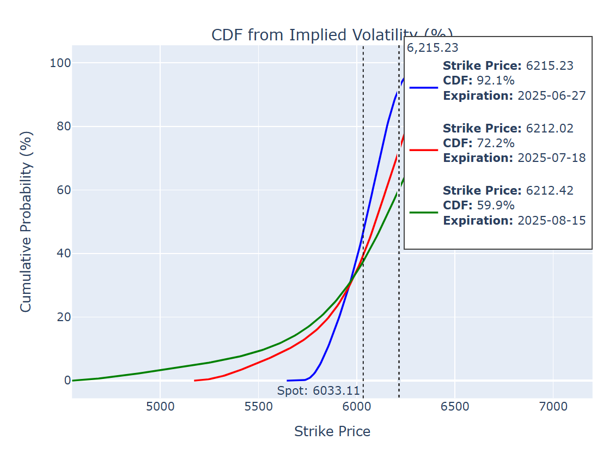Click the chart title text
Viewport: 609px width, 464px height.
pyautogui.click(x=305, y=35)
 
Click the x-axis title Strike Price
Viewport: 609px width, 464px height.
pyautogui.click(x=332, y=432)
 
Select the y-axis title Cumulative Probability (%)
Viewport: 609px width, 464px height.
pyautogui.click(x=26, y=221)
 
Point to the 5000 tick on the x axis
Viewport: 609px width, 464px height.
pyautogui.click(x=160, y=407)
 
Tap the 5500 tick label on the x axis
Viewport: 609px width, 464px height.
pyautogui.click(x=258, y=407)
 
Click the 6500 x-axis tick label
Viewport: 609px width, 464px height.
pyautogui.click(x=455, y=407)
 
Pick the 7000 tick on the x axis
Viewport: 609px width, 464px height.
pyautogui.click(x=553, y=407)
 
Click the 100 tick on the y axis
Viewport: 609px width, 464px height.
pyautogui.click(x=60, y=63)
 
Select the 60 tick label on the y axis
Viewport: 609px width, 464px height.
pyautogui.click(x=63, y=190)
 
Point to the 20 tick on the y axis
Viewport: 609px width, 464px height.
pyautogui.click(x=63, y=317)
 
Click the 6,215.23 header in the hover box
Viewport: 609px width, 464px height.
pyautogui.click(x=433, y=47)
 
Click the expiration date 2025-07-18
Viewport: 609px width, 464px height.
pyautogui.click(x=551, y=158)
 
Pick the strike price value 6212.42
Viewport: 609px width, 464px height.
pyautogui.click(x=549, y=190)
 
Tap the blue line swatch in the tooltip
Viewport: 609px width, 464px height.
pyautogui.click(x=423, y=87)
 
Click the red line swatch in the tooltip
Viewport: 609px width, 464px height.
pyautogui.click(x=423, y=149)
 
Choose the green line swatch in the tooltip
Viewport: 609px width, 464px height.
pyautogui.click(x=423, y=212)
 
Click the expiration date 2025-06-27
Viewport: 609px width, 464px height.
pyautogui.click(x=551, y=96)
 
